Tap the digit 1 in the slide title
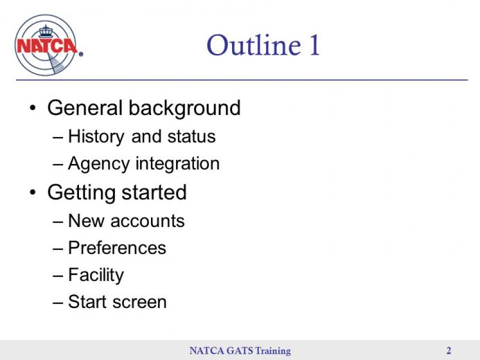[x=314, y=45]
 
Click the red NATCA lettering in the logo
[x=47, y=46]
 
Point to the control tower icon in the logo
[x=46, y=32]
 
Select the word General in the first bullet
[x=85, y=108]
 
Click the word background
[x=185, y=109]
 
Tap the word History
[x=96, y=136]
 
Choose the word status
[x=192, y=136]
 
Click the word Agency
[x=99, y=164]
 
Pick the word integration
[x=177, y=164]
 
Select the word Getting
[x=82, y=193]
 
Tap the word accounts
[x=148, y=221]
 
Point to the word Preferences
[x=117, y=248]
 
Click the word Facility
[x=96, y=276]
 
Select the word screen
[x=140, y=302]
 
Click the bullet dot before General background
[x=33, y=108]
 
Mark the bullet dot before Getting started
[x=33, y=192]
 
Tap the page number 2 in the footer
[x=449, y=350]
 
